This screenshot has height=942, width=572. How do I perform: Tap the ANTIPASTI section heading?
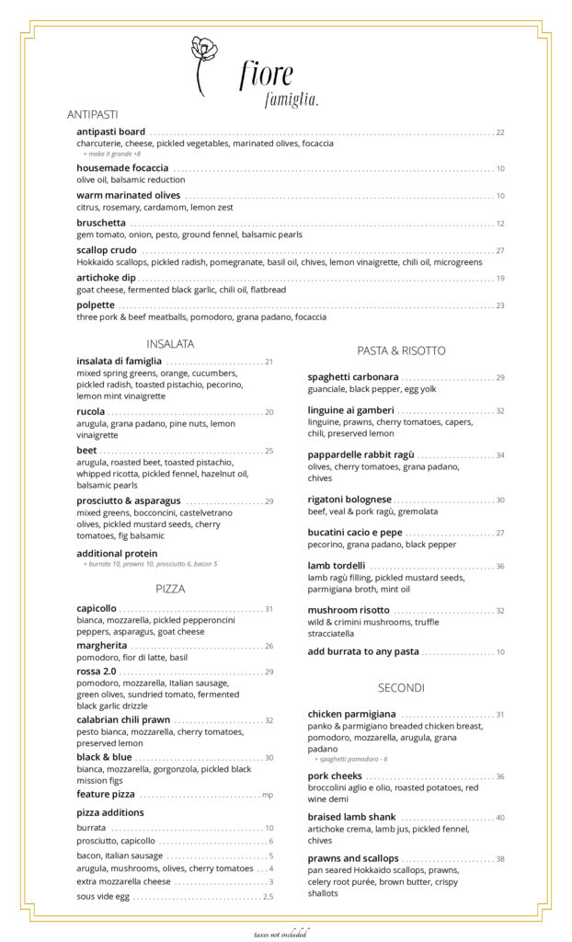click(x=92, y=115)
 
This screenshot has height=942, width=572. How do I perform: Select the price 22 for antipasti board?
click(x=500, y=132)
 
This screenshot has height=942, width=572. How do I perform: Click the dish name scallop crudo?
click(x=107, y=250)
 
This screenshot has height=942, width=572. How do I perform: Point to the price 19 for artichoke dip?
click(x=500, y=278)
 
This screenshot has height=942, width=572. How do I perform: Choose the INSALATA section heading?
click(x=170, y=344)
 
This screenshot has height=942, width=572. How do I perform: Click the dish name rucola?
click(x=91, y=412)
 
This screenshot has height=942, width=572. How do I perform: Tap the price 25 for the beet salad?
click(x=269, y=451)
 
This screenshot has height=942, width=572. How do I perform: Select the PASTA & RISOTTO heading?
click(x=401, y=350)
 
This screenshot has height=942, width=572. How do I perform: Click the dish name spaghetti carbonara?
click(x=353, y=377)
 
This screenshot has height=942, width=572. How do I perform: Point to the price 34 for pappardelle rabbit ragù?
click(x=500, y=455)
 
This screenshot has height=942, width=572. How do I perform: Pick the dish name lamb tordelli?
click(x=337, y=566)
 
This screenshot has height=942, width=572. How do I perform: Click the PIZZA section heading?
click(x=170, y=588)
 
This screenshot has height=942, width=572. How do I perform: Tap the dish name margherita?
click(x=102, y=646)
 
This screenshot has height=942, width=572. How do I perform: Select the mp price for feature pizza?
click(x=268, y=795)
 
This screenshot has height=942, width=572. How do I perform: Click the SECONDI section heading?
click(x=401, y=688)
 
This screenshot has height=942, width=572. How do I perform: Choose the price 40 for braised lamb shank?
click(x=500, y=818)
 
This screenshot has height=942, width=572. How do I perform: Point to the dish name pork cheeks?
click(x=335, y=776)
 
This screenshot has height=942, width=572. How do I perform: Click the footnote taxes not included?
click(x=281, y=934)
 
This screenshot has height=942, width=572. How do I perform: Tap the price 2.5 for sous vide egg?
click(x=268, y=896)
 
